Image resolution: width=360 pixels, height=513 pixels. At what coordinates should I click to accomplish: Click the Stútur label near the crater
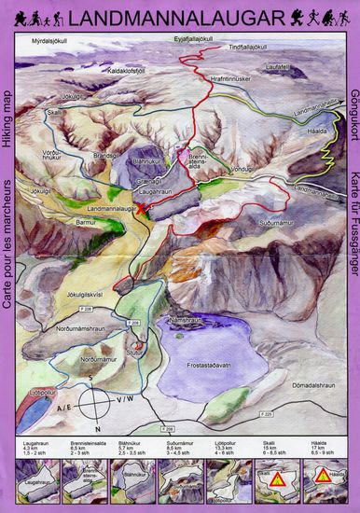136,327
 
